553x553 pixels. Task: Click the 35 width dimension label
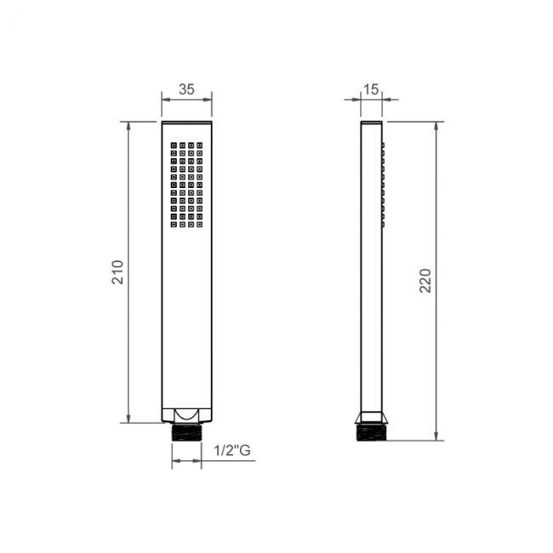click(186, 89)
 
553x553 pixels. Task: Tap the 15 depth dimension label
click(371, 89)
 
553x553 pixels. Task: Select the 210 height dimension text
click(117, 272)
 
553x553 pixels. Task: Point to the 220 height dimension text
click(425, 281)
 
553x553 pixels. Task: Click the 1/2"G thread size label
click(232, 450)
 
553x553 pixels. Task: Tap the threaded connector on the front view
click(186, 432)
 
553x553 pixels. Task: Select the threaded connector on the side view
click(372, 432)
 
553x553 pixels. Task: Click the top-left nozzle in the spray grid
click(174, 145)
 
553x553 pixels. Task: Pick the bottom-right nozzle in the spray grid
click(200, 225)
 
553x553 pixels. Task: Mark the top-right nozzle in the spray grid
click(200, 145)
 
